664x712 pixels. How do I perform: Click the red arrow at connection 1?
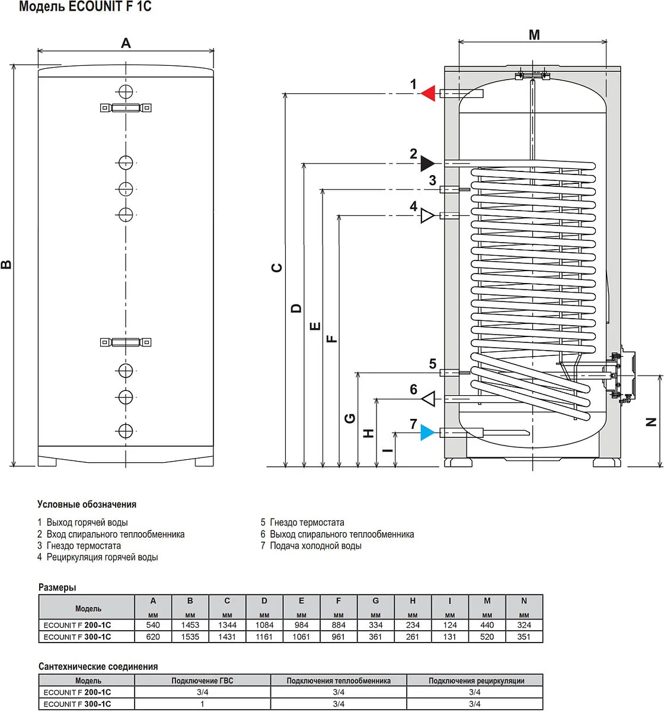pos(429,94)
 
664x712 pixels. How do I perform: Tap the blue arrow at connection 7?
pos(427,433)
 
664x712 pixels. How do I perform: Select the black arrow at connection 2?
pos(427,163)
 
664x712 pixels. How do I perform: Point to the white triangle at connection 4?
pos(427,215)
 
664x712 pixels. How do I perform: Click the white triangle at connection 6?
pos(429,399)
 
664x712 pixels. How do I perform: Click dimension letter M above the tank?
pos(534,35)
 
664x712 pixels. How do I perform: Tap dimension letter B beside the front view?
pos(7,265)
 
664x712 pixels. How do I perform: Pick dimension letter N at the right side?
pos(651,422)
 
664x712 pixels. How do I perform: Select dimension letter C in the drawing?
pos(277,268)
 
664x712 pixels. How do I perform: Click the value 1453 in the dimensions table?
pos(190,625)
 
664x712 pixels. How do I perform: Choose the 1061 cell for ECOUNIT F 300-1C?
pos(301,637)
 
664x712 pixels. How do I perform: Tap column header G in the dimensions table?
pos(375,600)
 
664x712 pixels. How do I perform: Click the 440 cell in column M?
pos(487,625)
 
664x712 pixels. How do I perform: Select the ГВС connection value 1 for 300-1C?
pos(202,704)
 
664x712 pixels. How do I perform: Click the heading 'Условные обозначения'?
pos(87,504)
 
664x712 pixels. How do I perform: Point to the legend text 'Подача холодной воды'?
pos(315,546)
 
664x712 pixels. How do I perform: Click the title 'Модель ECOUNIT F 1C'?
pos(85,7)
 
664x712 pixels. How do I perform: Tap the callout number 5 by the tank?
pos(433,364)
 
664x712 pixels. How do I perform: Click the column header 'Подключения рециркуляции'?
pos(476,681)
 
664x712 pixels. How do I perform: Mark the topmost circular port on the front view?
pos(126,92)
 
